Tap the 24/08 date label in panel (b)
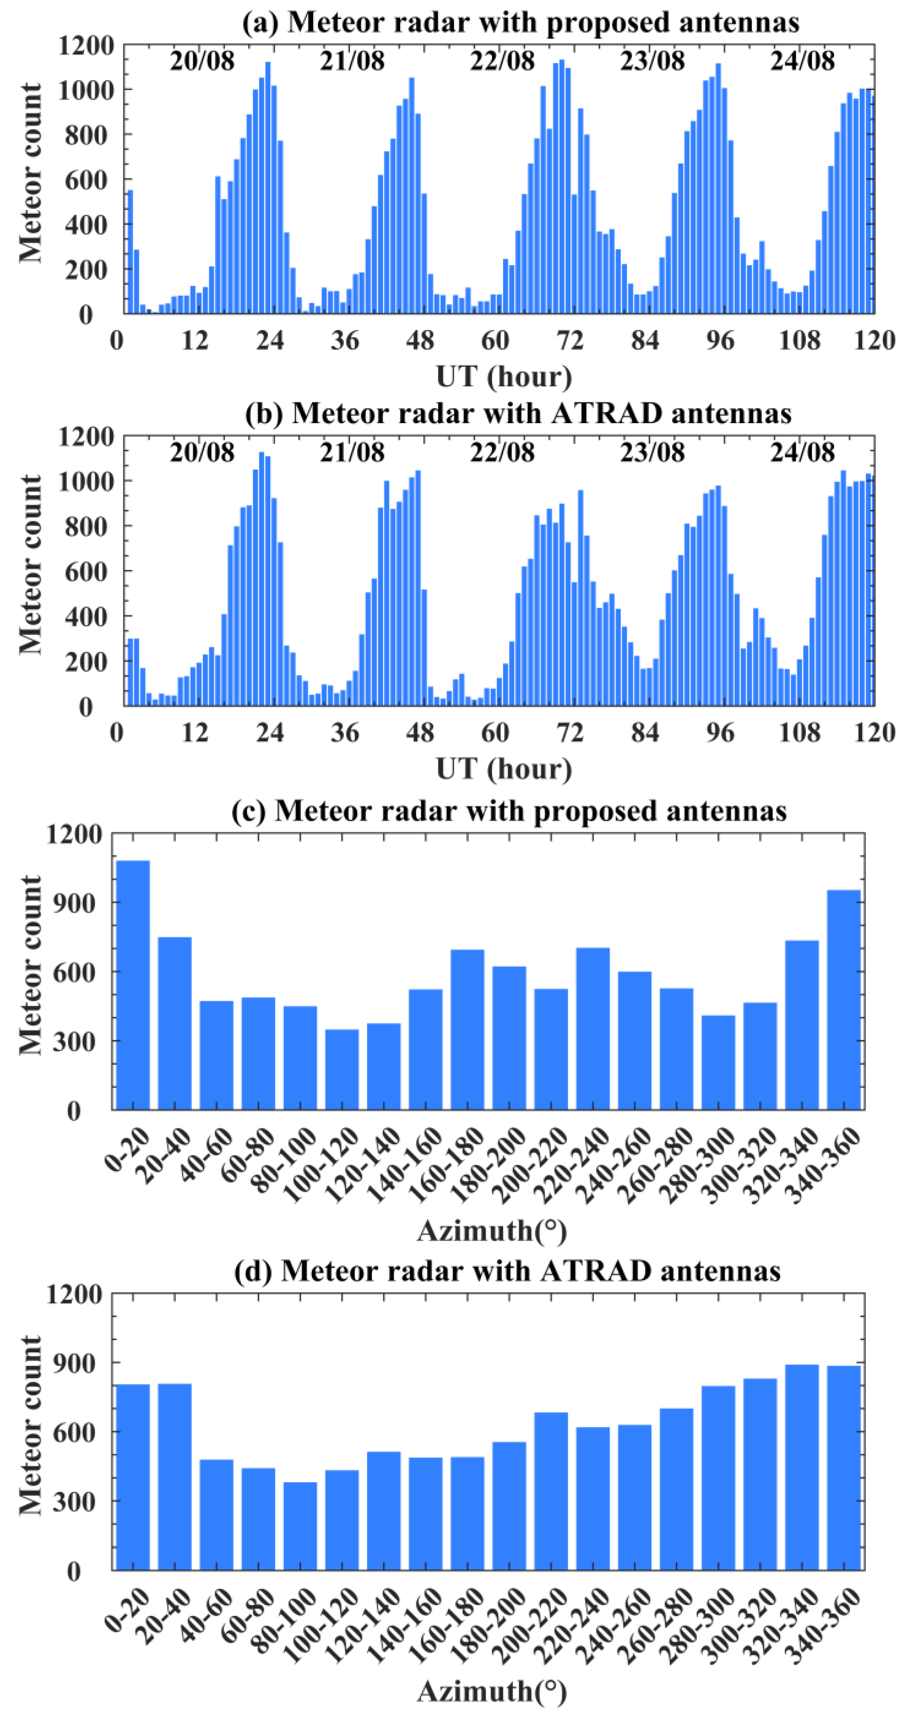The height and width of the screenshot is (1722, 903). (802, 453)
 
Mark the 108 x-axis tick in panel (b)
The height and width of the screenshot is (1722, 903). (799, 733)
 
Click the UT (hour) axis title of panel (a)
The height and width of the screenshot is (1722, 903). (504, 377)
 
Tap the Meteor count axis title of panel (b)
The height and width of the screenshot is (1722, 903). (30, 565)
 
